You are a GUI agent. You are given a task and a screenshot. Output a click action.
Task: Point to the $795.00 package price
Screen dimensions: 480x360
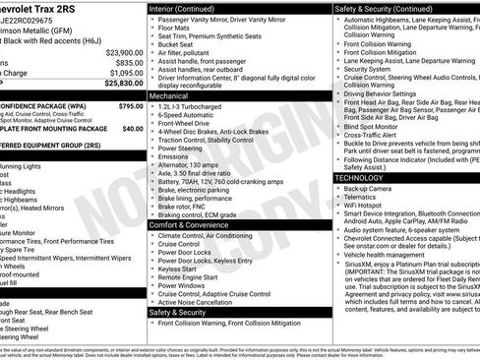tap(129, 104)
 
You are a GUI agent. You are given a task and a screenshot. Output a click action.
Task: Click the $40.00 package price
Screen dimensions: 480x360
tap(132, 128)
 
